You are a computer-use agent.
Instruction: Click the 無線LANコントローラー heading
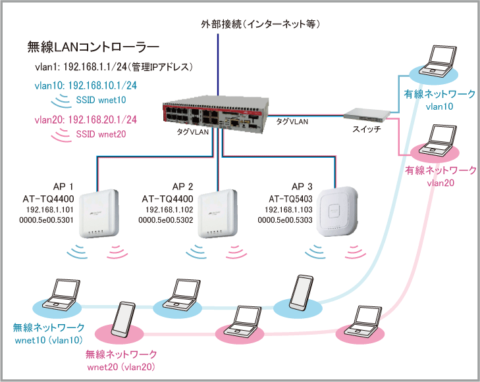click(x=93, y=47)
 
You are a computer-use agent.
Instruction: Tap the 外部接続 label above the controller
click(x=221, y=24)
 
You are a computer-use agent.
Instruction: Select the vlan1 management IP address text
click(x=114, y=66)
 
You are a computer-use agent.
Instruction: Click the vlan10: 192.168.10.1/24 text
click(x=86, y=85)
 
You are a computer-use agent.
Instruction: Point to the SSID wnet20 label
click(x=101, y=134)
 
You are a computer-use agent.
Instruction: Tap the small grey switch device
click(x=367, y=114)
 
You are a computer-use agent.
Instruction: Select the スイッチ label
click(x=367, y=129)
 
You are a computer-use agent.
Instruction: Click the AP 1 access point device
click(x=99, y=214)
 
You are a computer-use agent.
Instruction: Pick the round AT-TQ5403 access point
click(x=337, y=212)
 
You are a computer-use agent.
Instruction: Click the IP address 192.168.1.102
click(x=169, y=210)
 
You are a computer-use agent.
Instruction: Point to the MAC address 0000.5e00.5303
click(x=285, y=220)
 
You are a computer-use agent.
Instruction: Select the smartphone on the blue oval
click(x=302, y=293)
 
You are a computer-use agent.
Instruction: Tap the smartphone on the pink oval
click(x=123, y=320)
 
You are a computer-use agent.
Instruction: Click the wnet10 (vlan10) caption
click(x=49, y=340)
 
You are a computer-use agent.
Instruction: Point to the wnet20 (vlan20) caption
click(x=121, y=367)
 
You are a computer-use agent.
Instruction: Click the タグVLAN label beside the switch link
click(x=292, y=122)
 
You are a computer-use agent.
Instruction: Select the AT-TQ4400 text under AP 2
click(x=167, y=199)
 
